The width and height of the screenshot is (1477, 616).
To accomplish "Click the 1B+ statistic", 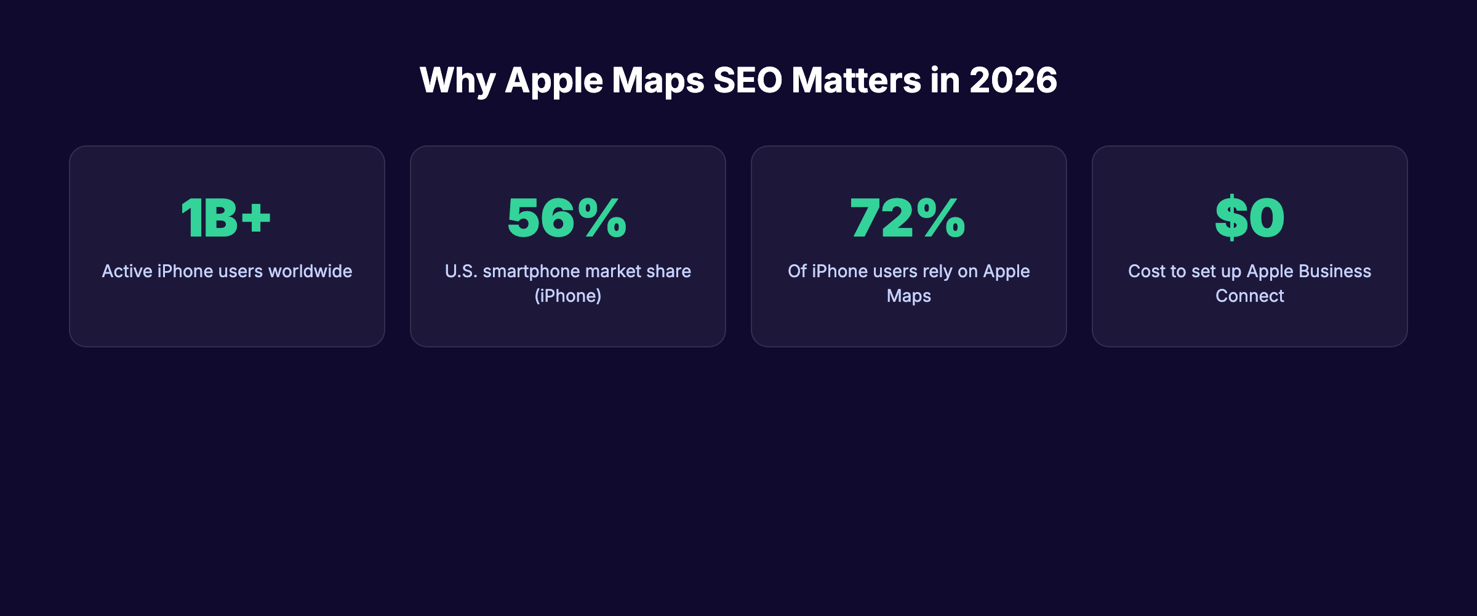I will pyautogui.click(x=226, y=218).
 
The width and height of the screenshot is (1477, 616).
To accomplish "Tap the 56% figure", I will pyautogui.click(x=567, y=218).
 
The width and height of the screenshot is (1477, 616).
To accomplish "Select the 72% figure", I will pyautogui.click(x=908, y=218).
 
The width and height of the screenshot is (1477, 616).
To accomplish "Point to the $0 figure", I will pyautogui.click(x=1249, y=218).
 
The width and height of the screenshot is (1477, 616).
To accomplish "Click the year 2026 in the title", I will pyautogui.click(x=1013, y=80).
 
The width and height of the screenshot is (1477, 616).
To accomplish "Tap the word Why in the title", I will pyautogui.click(x=457, y=80).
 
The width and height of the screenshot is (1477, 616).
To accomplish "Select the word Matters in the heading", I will pyautogui.click(x=856, y=80).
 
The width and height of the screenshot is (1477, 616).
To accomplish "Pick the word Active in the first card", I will pyautogui.click(x=127, y=272).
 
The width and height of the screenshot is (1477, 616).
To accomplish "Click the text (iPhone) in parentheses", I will pyautogui.click(x=567, y=296).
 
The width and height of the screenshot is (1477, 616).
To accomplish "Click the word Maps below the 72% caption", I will pyautogui.click(x=908, y=296).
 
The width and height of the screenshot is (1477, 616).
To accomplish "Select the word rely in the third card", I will pyautogui.click(x=937, y=272).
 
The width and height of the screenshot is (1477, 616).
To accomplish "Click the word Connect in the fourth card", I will pyautogui.click(x=1249, y=296).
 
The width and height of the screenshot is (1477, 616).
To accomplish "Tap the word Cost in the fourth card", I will pyautogui.click(x=1147, y=272).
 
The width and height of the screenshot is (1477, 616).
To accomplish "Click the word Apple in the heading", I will pyautogui.click(x=554, y=80).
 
